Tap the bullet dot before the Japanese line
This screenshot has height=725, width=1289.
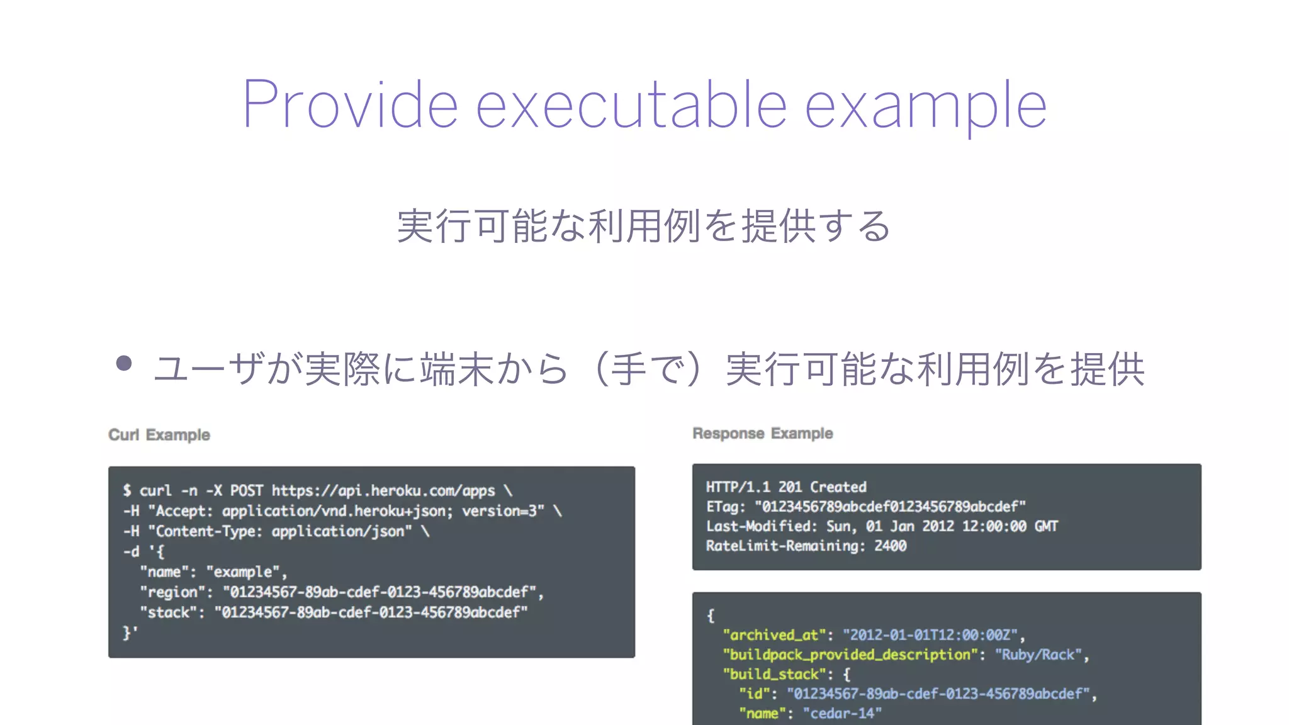click(x=124, y=363)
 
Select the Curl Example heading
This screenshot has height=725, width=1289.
click(x=159, y=435)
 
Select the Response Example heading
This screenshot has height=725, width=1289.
click(x=763, y=434)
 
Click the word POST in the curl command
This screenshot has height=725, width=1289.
click(x=246, y=491)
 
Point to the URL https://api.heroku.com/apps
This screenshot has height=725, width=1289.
click(x=383, y=491)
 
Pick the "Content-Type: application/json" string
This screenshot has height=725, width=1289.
click(x=280, y=531)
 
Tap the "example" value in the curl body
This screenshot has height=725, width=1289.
click(x=243, y=572)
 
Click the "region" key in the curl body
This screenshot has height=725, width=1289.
click(x=172, y=592)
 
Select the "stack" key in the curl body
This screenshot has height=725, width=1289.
click(x=168, y=612)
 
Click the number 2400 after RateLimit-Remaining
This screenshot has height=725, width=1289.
click(x=890, y=546)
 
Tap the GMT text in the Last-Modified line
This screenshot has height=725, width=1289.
click(x=1046, y=526)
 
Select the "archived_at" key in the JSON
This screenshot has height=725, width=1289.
click(x=774, y=635)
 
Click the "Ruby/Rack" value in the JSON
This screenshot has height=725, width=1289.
click(x=1038, y=655)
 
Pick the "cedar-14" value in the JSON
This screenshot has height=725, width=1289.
click(x=842, y=713)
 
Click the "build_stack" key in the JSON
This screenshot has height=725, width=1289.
click(x=774, y=674)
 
